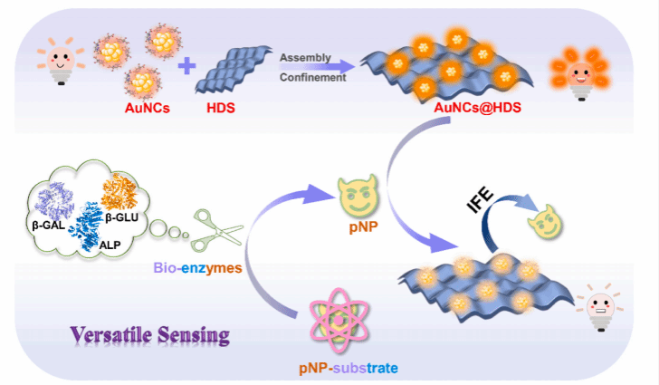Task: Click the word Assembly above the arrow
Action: click(x=302, y=58)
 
